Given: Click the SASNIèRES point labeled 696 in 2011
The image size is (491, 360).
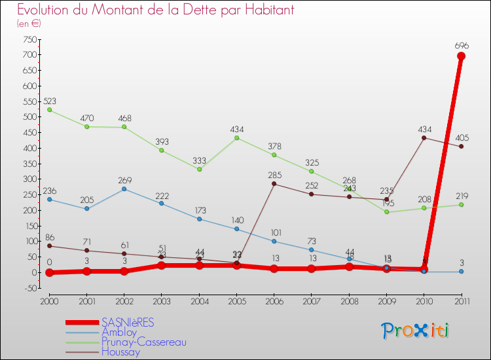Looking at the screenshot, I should coord(461,56).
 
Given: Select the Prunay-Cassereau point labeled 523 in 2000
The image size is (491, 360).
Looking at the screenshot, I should coord(49,110).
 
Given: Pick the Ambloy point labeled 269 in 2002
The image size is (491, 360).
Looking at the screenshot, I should coord(124,189).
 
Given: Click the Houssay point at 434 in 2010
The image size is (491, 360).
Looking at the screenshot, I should coord(424,137).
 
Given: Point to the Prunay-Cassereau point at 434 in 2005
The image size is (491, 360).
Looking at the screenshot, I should coord(236,137).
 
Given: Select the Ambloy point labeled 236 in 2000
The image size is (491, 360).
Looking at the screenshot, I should coord(49,199).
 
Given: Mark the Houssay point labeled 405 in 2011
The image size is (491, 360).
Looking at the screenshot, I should coord(461,147).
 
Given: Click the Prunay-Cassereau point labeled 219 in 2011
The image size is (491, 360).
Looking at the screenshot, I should coord(461,205).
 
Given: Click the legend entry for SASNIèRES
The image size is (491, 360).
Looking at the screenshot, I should coord(128,323).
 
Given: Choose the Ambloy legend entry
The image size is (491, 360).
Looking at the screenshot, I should coord(119,333).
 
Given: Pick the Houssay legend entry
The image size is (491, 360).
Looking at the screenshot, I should coord(120,352).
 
